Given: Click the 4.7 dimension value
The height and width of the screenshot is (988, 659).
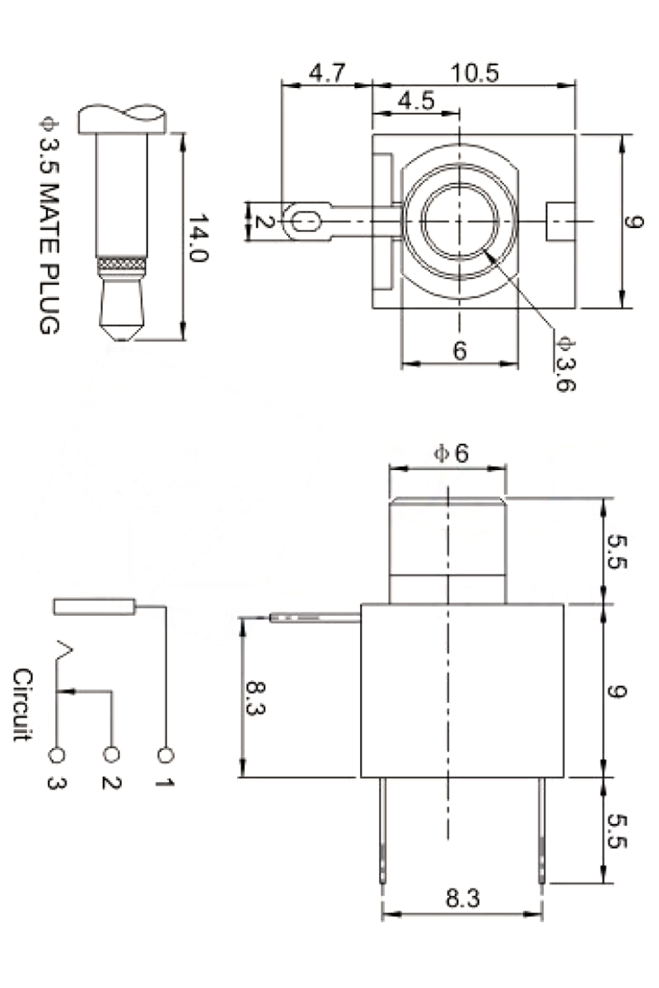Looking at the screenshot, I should click(x=325, y=72).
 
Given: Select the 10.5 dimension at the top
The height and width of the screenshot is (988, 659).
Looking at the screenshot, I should click(x=474, y=72).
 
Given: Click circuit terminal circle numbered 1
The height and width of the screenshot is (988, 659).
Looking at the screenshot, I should click(x=166, y=754).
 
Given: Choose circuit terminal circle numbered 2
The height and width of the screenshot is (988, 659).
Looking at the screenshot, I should click(x=111, y=754).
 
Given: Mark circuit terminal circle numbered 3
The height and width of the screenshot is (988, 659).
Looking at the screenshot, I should click(x=58, y=754).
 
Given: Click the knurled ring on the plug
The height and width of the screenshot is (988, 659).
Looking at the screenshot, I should click(x=122, y=266).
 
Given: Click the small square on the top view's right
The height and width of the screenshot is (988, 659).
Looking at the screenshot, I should click(x=559, y=221).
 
